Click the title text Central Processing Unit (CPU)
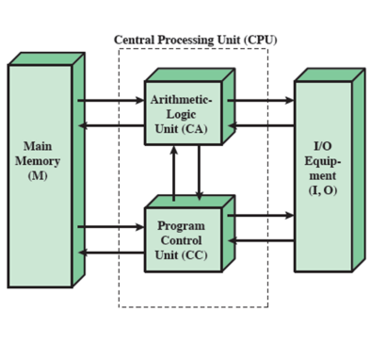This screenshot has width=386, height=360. [196, 40]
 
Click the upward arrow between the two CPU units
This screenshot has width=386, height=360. [173, 172]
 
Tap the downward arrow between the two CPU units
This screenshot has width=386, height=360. [199, 172]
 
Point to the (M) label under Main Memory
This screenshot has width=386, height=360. [38, 176]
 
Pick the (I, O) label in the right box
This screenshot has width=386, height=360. [321, 191]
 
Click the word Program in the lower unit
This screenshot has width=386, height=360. [181, 226]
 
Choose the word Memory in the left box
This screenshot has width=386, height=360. [38, 161]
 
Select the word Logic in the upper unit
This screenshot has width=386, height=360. [182, 114]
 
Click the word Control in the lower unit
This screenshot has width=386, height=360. [181, 240]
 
